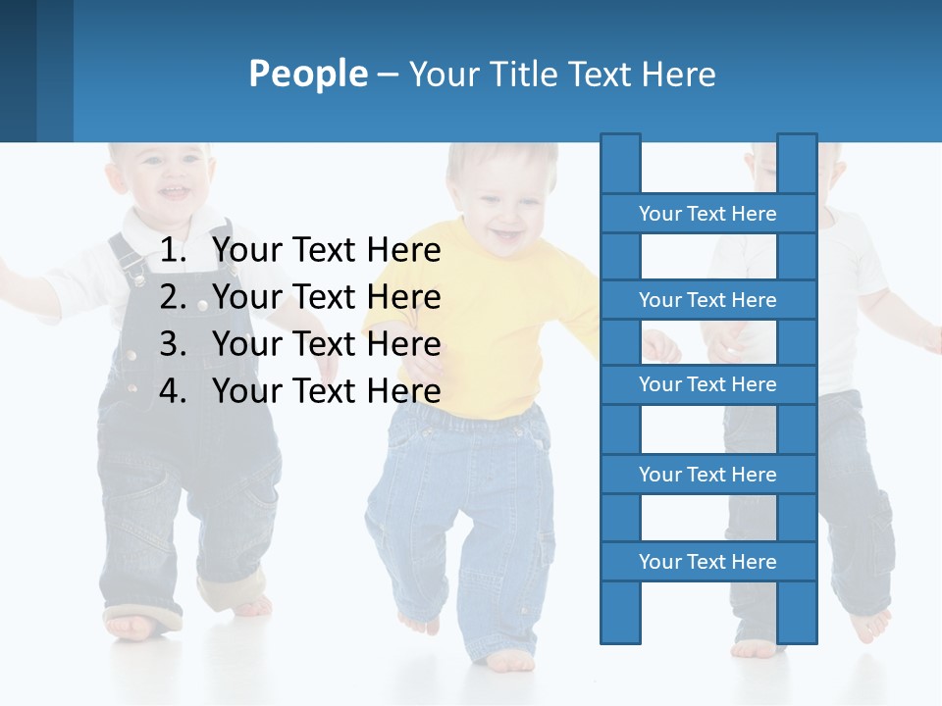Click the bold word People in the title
tap(308, 74)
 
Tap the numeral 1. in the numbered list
tap(173, 251)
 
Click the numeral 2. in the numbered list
tap(173, 297)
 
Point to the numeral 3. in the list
tap(173, 344)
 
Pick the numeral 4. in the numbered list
tap(173, 391)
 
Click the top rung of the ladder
tap(707, 214)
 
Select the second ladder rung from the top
tap(707, 300)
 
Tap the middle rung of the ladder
tap(707, 384)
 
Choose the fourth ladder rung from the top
tap(707, 475)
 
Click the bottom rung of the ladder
tap(707, 562)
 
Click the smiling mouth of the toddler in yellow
tap(507, 235)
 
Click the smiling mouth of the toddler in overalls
tap(174, 192)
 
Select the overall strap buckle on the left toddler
tap(131, 265)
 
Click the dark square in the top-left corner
tap(18, 71)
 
